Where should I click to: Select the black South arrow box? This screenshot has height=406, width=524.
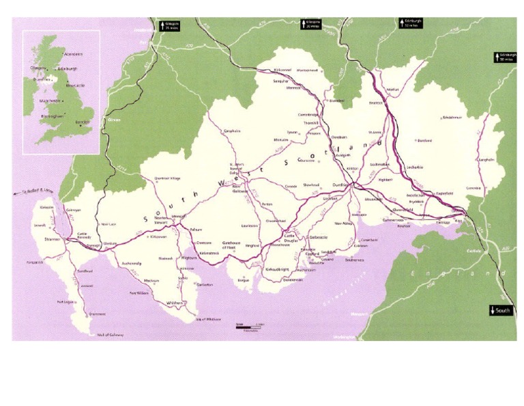pyautogui.click(x=499, y=311)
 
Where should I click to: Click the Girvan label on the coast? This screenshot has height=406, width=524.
pyautogui.click(x=104, y=120)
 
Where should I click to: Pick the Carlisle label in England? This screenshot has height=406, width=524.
pyautogui.click(x=474, y=250)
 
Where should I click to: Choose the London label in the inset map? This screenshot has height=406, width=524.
pyautogui.click(x=83, y=122)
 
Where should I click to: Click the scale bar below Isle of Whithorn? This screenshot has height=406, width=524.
pyautogui.click(x=246, y=327)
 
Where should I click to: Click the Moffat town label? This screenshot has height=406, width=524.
pyautogui.click(x=392, y=90)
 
